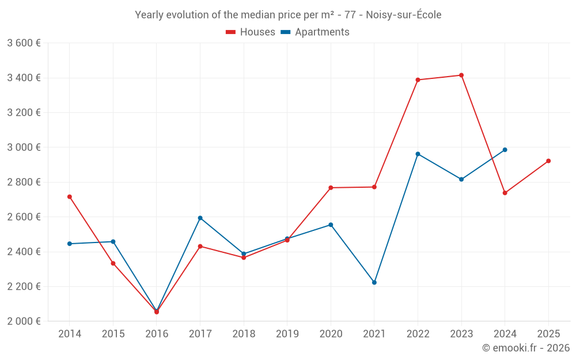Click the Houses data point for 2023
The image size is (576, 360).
461,75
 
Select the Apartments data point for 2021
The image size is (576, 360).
374,282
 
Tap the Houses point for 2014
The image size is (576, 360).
70,197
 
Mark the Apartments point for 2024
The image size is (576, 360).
505,150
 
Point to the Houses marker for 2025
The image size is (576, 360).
548,161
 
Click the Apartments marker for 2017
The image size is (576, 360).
200,218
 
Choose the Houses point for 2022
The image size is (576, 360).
418,80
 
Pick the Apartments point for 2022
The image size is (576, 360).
418,154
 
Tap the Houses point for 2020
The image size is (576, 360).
331,188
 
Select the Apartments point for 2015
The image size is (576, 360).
113,241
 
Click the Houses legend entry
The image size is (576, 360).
251,32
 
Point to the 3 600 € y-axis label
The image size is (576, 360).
24,43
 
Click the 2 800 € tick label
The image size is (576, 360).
24,182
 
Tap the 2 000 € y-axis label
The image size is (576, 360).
24,321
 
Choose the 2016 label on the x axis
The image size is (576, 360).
157,334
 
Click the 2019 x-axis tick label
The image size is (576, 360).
287,334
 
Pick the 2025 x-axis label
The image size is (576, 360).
548,334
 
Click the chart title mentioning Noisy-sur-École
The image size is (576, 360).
288,15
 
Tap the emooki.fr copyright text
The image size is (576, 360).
526,348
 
